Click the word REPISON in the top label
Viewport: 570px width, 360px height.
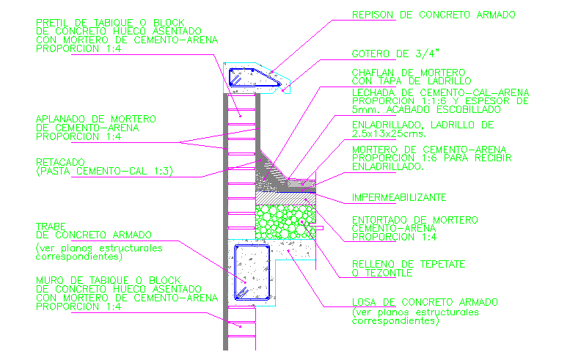(373, 15)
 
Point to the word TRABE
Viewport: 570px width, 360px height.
(50, 226)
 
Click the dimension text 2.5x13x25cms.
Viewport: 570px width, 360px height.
(386, 134)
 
